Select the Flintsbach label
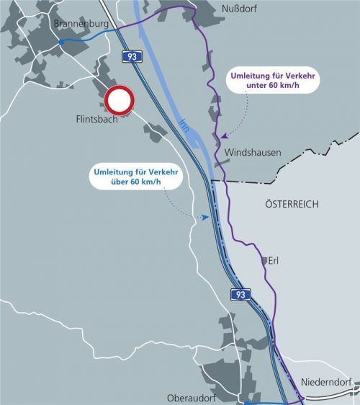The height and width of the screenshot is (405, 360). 96,119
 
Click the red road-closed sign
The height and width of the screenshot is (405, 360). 120,101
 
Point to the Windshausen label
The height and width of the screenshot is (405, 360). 253,153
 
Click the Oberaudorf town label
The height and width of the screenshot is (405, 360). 192,397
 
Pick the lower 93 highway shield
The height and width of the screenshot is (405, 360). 240,294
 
